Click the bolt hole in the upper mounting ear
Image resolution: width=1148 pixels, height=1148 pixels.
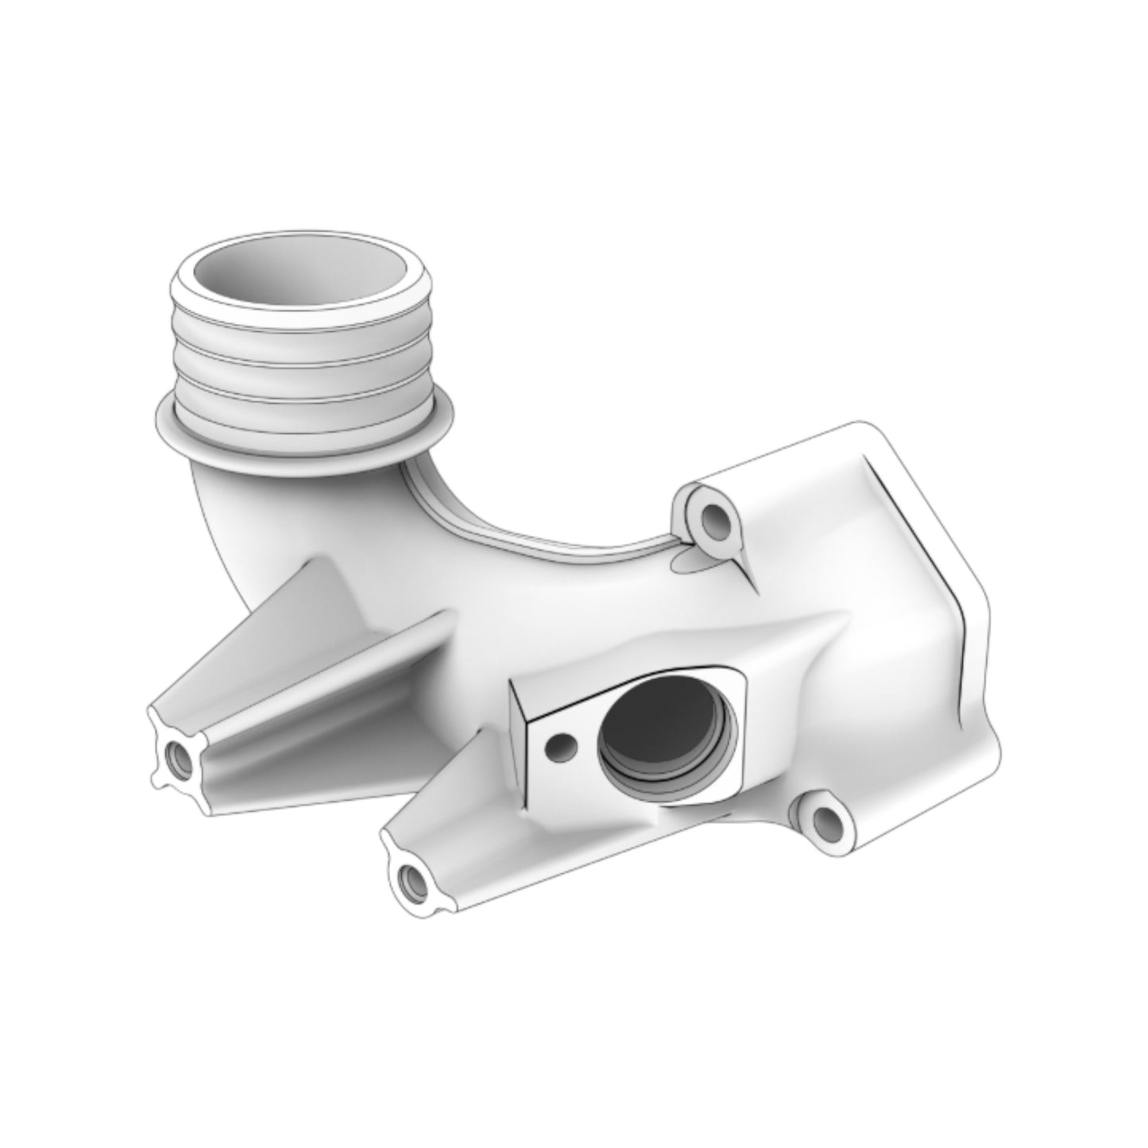coord(715,520)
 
